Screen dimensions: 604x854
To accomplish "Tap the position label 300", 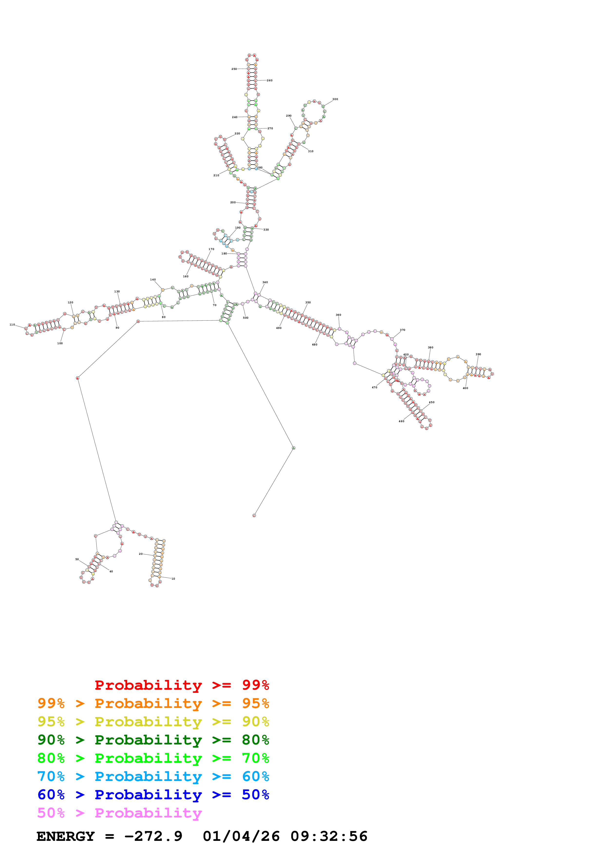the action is tap(335, 99).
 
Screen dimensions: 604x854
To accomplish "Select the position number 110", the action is tap(12, 325).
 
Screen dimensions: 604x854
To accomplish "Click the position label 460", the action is tap(401, 421).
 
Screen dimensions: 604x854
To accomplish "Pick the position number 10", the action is tap(173, 579).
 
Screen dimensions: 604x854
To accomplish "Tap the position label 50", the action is tap(77, 559).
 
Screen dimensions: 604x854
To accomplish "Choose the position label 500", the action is tap(246, 318).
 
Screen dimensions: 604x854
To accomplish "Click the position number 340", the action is tap(265, 282).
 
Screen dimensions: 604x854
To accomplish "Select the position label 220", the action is tap(237, 134).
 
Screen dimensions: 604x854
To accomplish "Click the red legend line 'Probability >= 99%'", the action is tap(182, 685).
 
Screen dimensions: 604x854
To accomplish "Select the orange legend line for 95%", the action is tap(153, 703).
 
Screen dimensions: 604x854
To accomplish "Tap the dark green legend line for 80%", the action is tap(153, 740).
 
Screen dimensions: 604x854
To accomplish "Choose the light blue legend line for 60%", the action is tap(153, 776).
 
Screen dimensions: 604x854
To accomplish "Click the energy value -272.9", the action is tap(153, 836).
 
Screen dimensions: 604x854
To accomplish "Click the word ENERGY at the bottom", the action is tap(66, 836).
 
